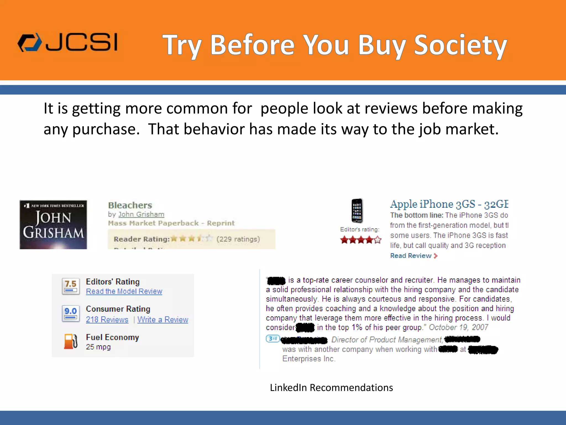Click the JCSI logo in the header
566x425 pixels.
pyautogui.click(x=68, y=43)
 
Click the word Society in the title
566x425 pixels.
pyautogui.click(x=460, y=45)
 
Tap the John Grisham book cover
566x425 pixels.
pyautogui.click(x=53, y=225)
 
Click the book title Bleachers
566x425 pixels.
pyautogui.click(x=130, y=205)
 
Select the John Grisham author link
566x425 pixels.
pyautogui.click(x=141, y=214)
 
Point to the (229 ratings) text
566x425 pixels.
pyautogui.click(x=238, y=239)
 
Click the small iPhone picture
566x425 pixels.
pyautogui.click(x=357, y=211)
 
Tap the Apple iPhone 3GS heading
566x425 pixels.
pyautogui.click(x=449, y=204)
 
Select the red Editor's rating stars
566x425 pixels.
pyautogui.click(x=361, y=240)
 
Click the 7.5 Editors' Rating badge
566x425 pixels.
pyautogui.click(x=71, y=286)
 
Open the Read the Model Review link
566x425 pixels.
pyautogui.click(x=124, y=291)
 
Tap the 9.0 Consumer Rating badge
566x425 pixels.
pyautogui.click(x=71, y=313)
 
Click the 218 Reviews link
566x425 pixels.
pyautogui.click(x=107, y=320)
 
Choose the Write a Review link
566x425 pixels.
pyautogui.click(x=163, y=320)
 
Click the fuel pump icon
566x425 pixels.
pyautogui.click(x=71, y=341)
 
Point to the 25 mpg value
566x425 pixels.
pyautogui.click(x=98, y=347)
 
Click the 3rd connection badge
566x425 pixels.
pyautogui.click(x=273, y=338)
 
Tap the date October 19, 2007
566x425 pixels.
pyautogui.click(x=458, y=327)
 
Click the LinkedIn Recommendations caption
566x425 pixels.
pyautogui.click(x=331, y=388)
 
